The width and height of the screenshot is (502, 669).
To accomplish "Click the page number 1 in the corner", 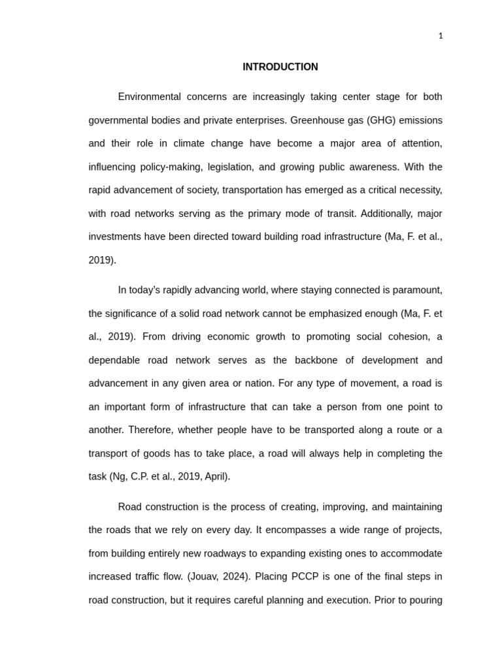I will coord(441,36).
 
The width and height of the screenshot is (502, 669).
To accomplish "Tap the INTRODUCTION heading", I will coord(280,67).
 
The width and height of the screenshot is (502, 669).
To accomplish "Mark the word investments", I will coord(115,237).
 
